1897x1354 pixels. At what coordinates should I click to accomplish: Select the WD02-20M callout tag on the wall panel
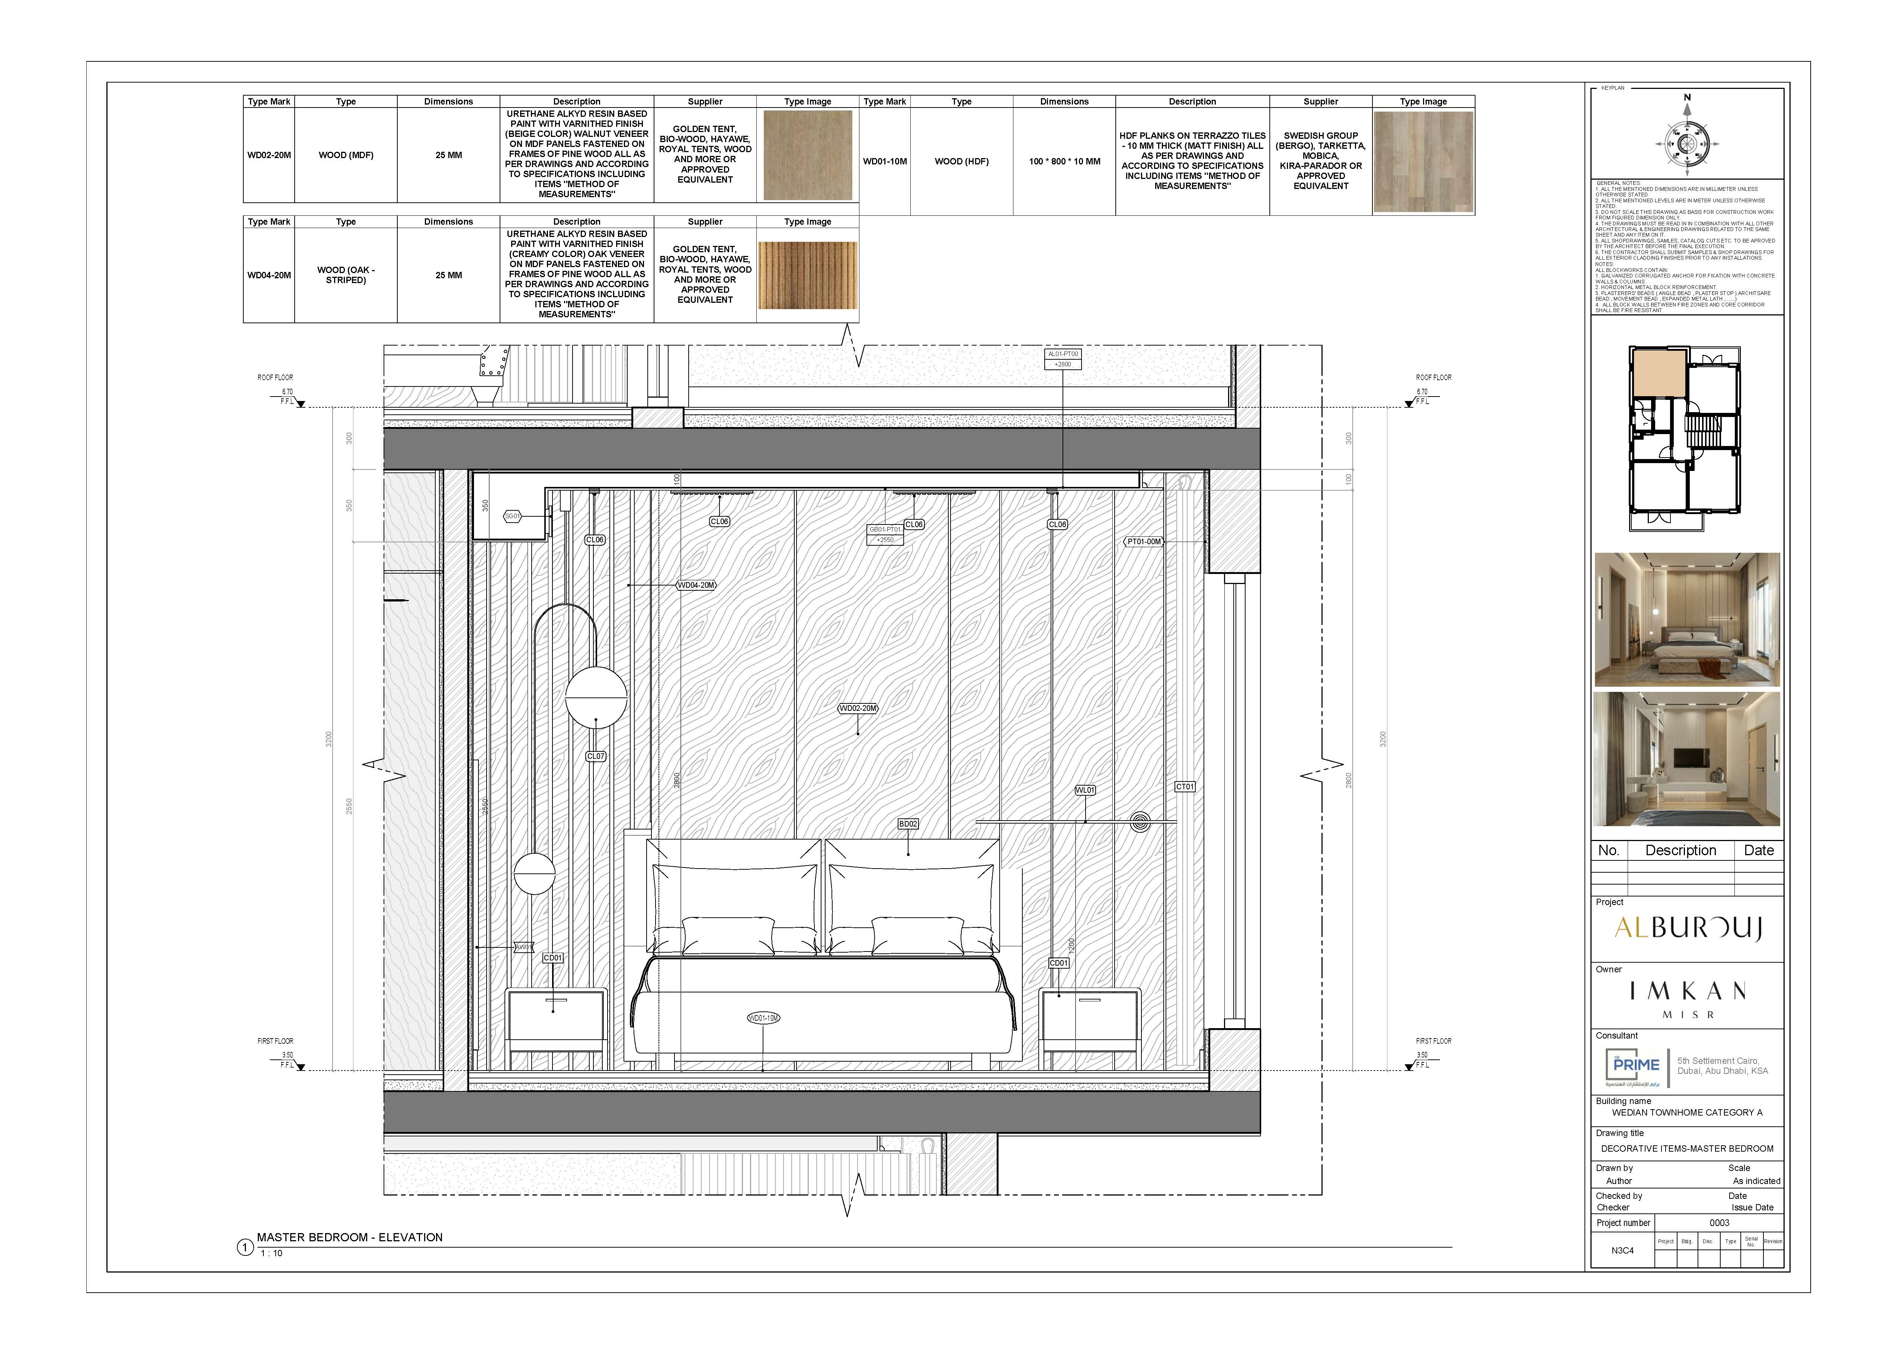click(857, 709)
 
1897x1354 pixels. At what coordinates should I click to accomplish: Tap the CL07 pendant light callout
click(595, 756)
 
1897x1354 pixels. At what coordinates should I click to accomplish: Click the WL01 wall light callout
click(1085, 790)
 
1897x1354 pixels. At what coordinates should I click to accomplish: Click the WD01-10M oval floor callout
click(763, 1018)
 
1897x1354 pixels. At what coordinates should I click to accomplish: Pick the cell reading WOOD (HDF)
click(961, 162)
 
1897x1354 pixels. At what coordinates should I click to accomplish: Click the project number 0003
click(1720, 1223)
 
